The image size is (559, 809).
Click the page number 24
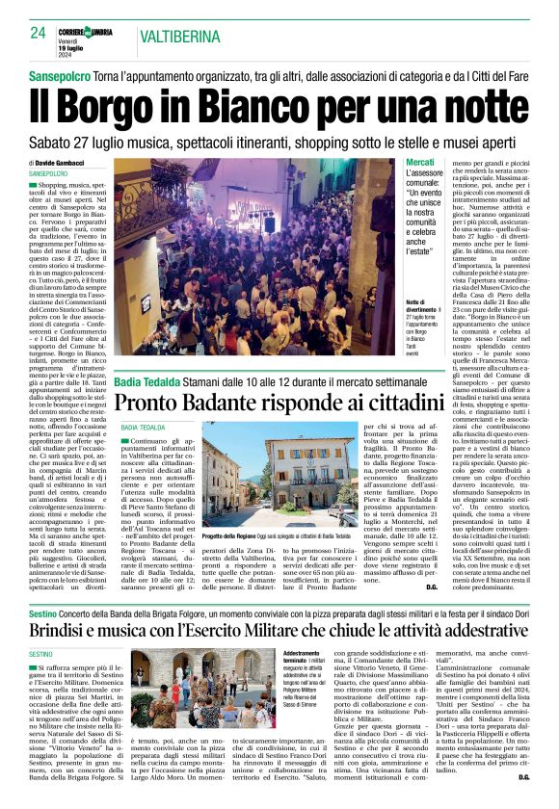38,32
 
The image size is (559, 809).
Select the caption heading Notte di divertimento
420,304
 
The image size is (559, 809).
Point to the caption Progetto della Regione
228,537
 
